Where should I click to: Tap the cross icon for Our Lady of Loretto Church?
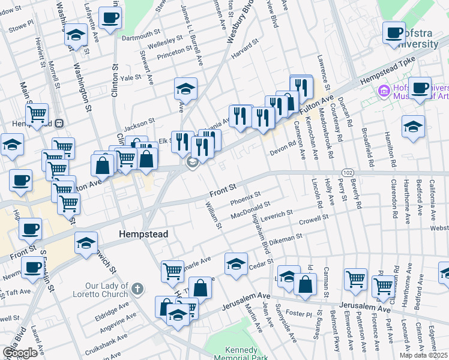(x=137, y=289)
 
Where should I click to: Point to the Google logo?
(x=19, y=353)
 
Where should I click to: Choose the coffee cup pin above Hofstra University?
(x=394, y=33)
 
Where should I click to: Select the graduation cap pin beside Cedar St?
(x=236, y=263)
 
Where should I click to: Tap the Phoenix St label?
(x=246, y=197)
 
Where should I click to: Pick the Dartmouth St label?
(x=140, y=37)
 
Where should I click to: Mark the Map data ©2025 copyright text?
(x=423, y=355)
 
